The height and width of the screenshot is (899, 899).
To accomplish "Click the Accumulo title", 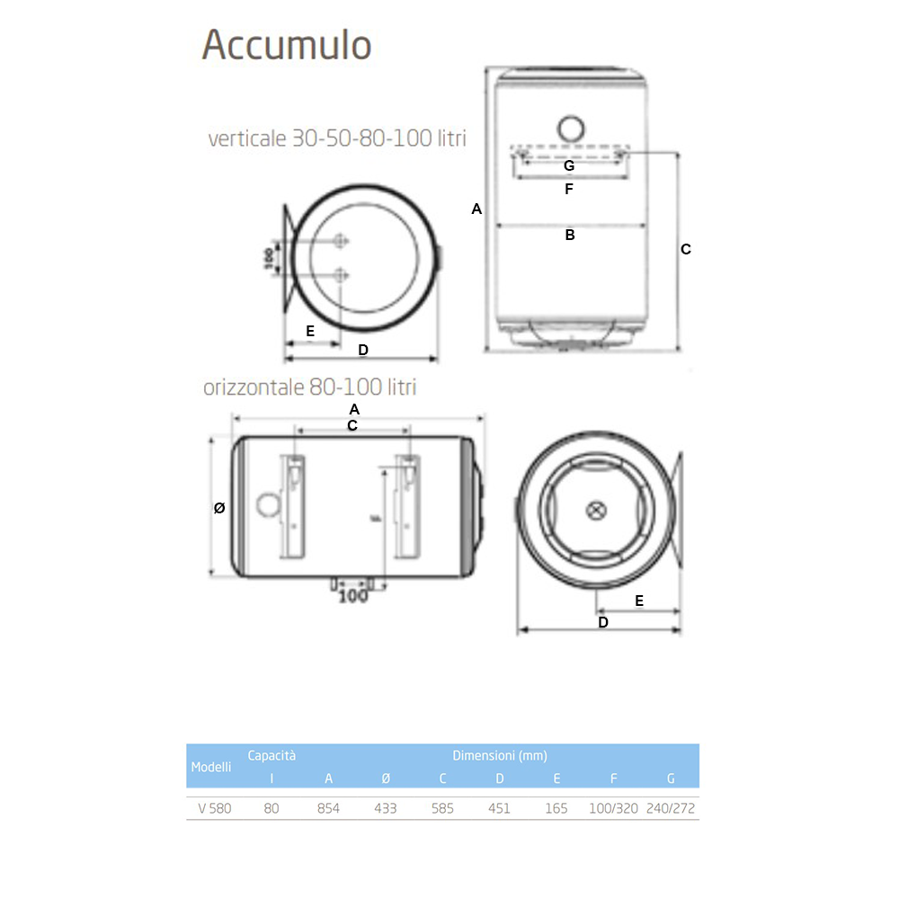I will click(x=287, y=44).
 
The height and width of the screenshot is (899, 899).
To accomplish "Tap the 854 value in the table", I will click(x=328, y=808).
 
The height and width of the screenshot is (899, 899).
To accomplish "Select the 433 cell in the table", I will click(x=385, y=808).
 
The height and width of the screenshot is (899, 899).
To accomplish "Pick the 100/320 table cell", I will click(x=613, y=808).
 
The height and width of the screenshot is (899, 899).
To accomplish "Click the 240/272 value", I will click(x=671, y=808).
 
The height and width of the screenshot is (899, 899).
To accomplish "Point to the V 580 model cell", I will click(x=215, y=808).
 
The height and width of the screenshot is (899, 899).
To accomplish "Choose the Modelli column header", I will click(x=211, y=767).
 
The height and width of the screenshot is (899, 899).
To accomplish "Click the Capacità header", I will click(x=271, y=756).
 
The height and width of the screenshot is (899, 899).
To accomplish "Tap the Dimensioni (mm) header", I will click(x=500, y=756).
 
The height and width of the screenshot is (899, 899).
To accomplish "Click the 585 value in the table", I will click(x=442, y=808).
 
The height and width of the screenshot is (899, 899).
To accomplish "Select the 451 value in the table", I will click(x=499, y=808).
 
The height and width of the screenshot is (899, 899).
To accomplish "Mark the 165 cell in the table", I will click(x=556, y=808).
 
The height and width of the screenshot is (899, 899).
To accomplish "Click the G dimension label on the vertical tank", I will click(x=568, y=165).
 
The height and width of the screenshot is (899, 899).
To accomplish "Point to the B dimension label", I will click(x=569, y=236).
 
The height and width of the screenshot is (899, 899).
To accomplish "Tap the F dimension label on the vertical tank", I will click(x=568, y=190).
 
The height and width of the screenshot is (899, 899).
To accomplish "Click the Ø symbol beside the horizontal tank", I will click(x=219, y=508).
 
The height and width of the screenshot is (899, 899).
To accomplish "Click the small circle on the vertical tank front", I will click(x=570, y=128).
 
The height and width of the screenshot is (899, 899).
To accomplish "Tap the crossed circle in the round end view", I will click(x=597, y=511).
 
